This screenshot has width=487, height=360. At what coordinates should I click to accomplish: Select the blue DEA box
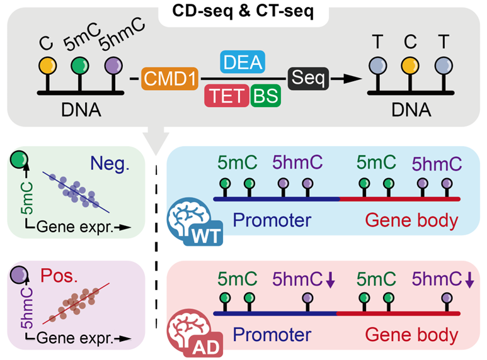pyautogui.click(x=242, y=62)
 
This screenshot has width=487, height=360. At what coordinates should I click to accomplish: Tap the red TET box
pyautogui.click(x=226, y=95)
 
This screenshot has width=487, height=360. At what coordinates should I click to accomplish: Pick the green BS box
pyautogui.click(x=265, y=95)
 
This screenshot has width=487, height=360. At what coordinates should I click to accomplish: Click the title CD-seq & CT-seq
pyautogui.click(x=244, y=12)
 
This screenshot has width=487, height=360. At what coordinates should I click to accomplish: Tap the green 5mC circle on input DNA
pyautogui.click(x=79, y=65)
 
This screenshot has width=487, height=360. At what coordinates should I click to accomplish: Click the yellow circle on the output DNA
pyautogui.click(x=410, y=65)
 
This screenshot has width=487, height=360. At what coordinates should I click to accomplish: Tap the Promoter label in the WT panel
pyautogui.click(x=272, y=220)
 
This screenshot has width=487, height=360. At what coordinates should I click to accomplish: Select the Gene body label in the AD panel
pyautogui.click(x=413, y=334)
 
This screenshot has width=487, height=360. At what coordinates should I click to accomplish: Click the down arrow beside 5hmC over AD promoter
pyautogui.click(x=331, y=281)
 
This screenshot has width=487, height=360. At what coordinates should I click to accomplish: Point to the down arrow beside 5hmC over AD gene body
pyautogui.click(x=469, y=281)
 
